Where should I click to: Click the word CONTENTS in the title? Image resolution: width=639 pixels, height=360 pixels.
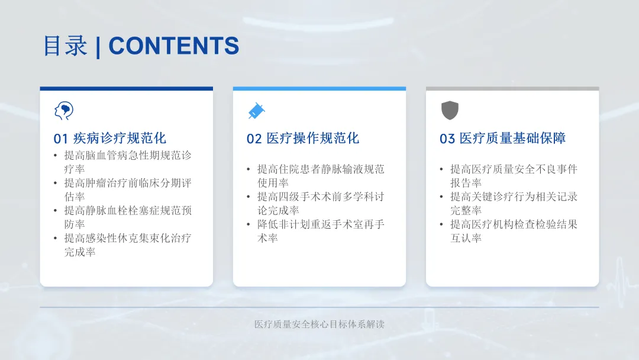coord(173,46)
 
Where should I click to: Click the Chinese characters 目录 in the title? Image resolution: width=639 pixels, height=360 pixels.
coord(65,46)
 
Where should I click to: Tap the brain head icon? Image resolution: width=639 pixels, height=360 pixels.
coord(63,111)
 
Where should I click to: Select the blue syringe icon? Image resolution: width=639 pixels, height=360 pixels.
coord(256,111)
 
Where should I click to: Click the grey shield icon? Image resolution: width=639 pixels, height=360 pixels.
coord(450,111)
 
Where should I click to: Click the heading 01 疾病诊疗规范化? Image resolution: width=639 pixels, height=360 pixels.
coord(110,138)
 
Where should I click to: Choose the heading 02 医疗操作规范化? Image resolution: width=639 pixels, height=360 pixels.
coord(303,138)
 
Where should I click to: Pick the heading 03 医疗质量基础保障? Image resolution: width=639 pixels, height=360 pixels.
coord(502,138)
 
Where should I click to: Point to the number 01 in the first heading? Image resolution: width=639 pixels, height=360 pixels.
coord(61,139)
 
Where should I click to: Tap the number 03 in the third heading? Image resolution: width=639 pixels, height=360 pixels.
coord(447,139)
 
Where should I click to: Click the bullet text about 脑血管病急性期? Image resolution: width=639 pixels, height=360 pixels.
coord(128,162)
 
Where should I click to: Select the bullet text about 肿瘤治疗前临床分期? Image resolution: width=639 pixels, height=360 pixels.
coord(128,189)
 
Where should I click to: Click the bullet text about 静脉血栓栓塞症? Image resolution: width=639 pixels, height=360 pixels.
coord(128,217)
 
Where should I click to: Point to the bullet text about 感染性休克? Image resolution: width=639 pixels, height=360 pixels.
coord(128,245)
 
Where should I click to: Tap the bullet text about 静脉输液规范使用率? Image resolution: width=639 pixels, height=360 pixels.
coord(321,176)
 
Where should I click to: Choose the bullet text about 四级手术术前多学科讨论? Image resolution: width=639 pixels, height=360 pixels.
coord(321,204)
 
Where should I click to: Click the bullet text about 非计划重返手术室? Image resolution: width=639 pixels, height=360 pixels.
coord(321,231)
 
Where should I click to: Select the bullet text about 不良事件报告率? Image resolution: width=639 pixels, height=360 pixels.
coord(514,176)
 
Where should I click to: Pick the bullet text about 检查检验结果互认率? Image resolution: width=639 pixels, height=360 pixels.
coord(514,231)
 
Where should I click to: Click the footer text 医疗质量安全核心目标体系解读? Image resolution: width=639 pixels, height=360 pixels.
coord(319,324)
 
